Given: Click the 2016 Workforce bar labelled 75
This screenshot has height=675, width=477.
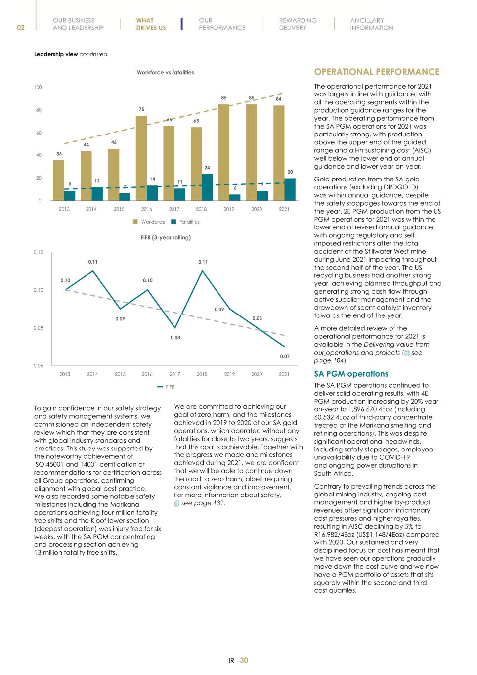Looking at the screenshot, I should pos(141,158).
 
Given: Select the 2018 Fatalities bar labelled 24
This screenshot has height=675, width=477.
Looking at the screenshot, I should pos(208,187).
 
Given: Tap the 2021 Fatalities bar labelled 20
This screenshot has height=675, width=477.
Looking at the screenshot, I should pos(290,189).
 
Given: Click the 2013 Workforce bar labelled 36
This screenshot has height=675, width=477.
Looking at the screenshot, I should pos(59,180).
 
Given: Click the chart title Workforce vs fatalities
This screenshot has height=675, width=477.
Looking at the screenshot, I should pos(165,72).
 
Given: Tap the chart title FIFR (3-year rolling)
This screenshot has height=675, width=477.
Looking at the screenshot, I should pos(166,238).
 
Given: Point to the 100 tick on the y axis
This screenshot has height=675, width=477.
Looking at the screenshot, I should pos(38,87).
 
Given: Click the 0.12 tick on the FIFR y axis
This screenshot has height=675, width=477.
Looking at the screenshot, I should pos(38,252).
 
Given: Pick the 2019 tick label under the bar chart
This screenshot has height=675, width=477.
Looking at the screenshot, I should pos(229,209).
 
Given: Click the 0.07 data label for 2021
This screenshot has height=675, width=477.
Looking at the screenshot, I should pos(285,356).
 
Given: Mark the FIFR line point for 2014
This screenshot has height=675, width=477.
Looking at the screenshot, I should pos(92,271).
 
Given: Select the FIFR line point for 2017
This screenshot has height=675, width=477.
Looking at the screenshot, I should pos(175,328).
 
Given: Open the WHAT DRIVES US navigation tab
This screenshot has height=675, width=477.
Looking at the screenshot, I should pos(151,24).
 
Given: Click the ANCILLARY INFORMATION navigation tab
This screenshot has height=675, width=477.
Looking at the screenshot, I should pos(371,24).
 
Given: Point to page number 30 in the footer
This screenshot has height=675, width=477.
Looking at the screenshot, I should pos(244,660).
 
